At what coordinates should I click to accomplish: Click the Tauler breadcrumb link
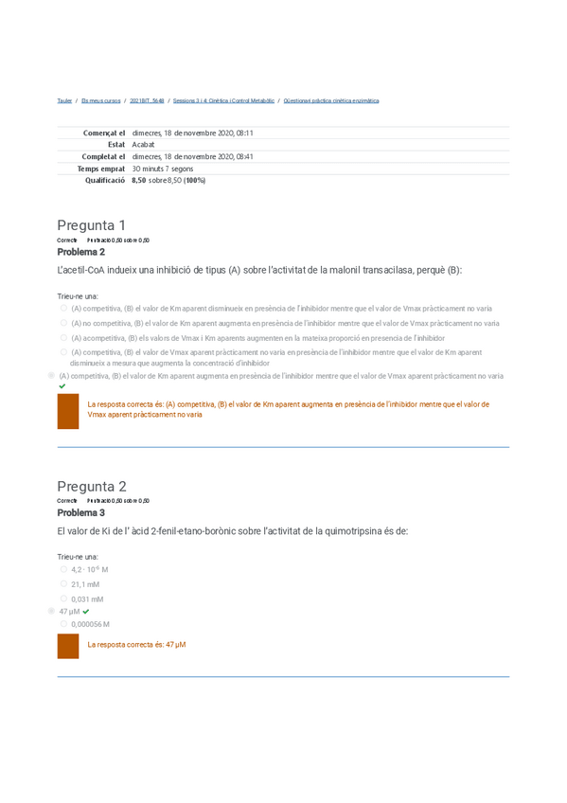(x=64, y=100)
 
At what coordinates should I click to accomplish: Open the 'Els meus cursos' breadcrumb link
(x=100, y=100)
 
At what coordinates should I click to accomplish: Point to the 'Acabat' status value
(x=143, y=145)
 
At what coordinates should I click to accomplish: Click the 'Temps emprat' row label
(x=100, y=169)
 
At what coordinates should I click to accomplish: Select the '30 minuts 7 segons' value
(x=163, y=169)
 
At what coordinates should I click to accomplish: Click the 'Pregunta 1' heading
(x=91, y=225)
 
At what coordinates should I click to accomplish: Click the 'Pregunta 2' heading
(x=91, y=487)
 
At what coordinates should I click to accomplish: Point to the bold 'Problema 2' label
(x=80, y=252)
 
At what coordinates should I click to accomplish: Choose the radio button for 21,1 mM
(x=63, y=584)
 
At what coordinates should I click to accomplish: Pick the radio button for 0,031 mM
(x=63, y=598)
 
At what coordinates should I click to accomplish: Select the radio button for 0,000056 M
(x=63, y=624)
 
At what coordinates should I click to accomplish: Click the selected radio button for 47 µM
(x=51, y=612)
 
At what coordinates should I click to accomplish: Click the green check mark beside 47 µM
(x=86, y=612)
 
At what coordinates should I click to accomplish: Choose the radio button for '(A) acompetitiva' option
(x=63, y=337)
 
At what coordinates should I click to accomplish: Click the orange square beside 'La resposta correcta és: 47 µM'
(x=68, y=646)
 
